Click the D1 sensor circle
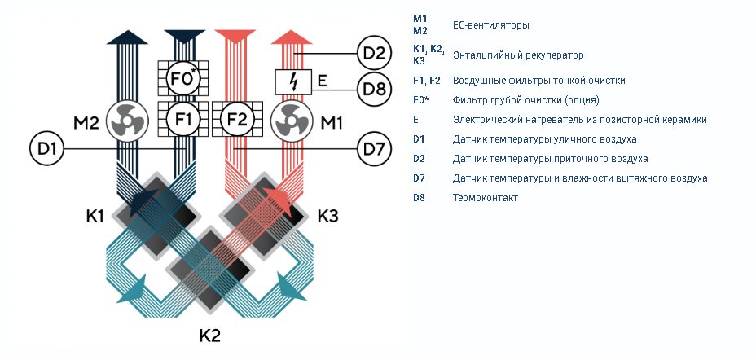[46, 148]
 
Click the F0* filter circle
[182, 78]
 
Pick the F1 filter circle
[182, 119]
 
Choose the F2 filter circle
[237, 119]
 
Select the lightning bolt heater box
[292, 82]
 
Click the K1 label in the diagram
[95, 216]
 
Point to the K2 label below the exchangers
[210, 336]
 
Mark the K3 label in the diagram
[327, 216]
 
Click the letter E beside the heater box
[322, 80]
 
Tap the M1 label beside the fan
[332, 123]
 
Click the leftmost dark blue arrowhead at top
[127, 37]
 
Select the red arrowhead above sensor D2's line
[291, 37]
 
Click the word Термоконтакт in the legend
[486, 198]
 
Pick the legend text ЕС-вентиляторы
[490, 25]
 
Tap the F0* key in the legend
[422, 100]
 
